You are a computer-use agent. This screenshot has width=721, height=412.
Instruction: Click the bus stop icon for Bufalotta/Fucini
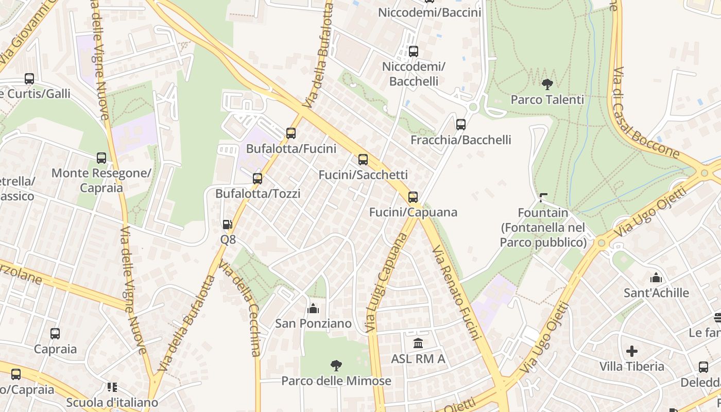pyautogui.click(x=291, y=133)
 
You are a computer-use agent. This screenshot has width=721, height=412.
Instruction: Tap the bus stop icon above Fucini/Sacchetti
pyautogui.click(x=363, y=160)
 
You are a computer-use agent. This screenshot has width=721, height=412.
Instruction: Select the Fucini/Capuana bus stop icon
pyautogui.click(x=413, y=197)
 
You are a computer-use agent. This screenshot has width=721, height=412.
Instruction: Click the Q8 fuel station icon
pyautogui.click(x=227, y=224)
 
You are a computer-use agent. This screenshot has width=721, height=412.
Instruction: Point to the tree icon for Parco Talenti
pyautogui.click(x=547, y=84)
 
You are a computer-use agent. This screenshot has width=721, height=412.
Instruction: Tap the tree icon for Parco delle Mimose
pyautogui.click(x=336, y=366)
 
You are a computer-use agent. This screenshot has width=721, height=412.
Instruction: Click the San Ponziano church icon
pyautogui.click(x=313, y=308)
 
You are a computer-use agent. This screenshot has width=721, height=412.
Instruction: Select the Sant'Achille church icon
pyautogui.click(x=656, y=278)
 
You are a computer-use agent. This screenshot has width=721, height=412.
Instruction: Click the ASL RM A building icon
pyautogui.click(x=418, y=343)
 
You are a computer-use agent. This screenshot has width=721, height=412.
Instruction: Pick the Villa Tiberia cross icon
pyautogui.click(x=632, y=352)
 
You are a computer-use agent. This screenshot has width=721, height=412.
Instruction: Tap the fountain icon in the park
pyautogui.click(x=543, y=197)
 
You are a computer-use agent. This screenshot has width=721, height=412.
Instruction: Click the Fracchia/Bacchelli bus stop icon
pyautogui.click(x=461, y=125)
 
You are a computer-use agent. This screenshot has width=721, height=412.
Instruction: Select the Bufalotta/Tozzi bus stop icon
pyautogui.click(x=257, y=179)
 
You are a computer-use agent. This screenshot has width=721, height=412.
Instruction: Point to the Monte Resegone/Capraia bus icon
pyautogui.click(x=101, y=158)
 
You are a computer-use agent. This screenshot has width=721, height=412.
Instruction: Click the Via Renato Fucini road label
pyautogui.click(x=457, y=293)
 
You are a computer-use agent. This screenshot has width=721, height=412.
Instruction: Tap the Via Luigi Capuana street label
pyautogui.click(x=386, y=282)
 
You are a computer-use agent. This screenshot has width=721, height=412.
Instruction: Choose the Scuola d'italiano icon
pyautogui.click(x=112, y=387)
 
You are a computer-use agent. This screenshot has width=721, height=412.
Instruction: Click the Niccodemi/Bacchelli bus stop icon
pyautogui.click(x=414, y=51)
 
